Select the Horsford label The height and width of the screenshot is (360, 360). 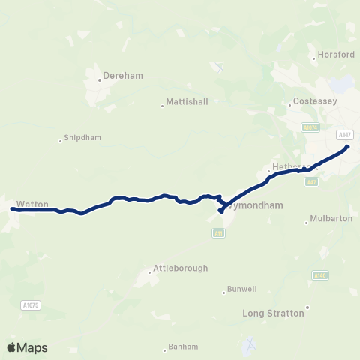[x=336, y=55]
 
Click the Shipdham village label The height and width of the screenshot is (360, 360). [x=82, y=138]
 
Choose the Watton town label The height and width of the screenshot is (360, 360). [x=32, y=204]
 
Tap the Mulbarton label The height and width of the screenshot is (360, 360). [x=332, y=220]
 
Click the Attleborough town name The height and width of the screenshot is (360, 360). [x=180, y=268]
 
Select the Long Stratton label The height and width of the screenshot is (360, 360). [x=274, y=313]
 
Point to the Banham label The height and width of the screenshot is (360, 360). [x=183, y=346]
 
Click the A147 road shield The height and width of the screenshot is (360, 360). [x=344, y=134]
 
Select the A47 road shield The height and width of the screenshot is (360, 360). [x=312, y=181]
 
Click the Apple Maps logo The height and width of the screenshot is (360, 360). [x=27, y=347]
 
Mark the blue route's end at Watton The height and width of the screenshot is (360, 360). [x=13, y=209]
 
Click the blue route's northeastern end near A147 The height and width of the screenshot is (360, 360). [x=347, y=147]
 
